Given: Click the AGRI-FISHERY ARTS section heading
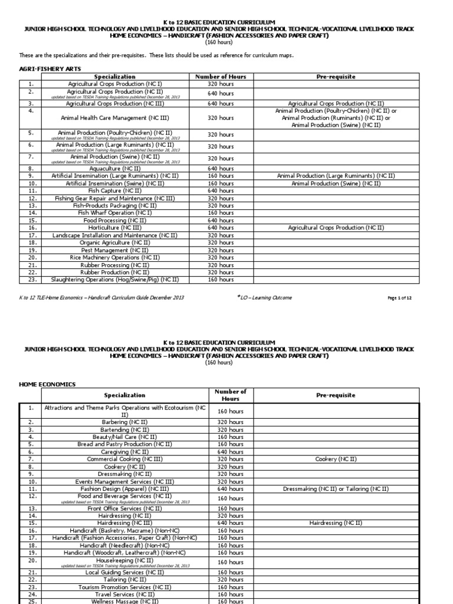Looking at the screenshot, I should (x=50, y=69).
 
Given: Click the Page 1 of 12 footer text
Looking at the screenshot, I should (x=399, y=298).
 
